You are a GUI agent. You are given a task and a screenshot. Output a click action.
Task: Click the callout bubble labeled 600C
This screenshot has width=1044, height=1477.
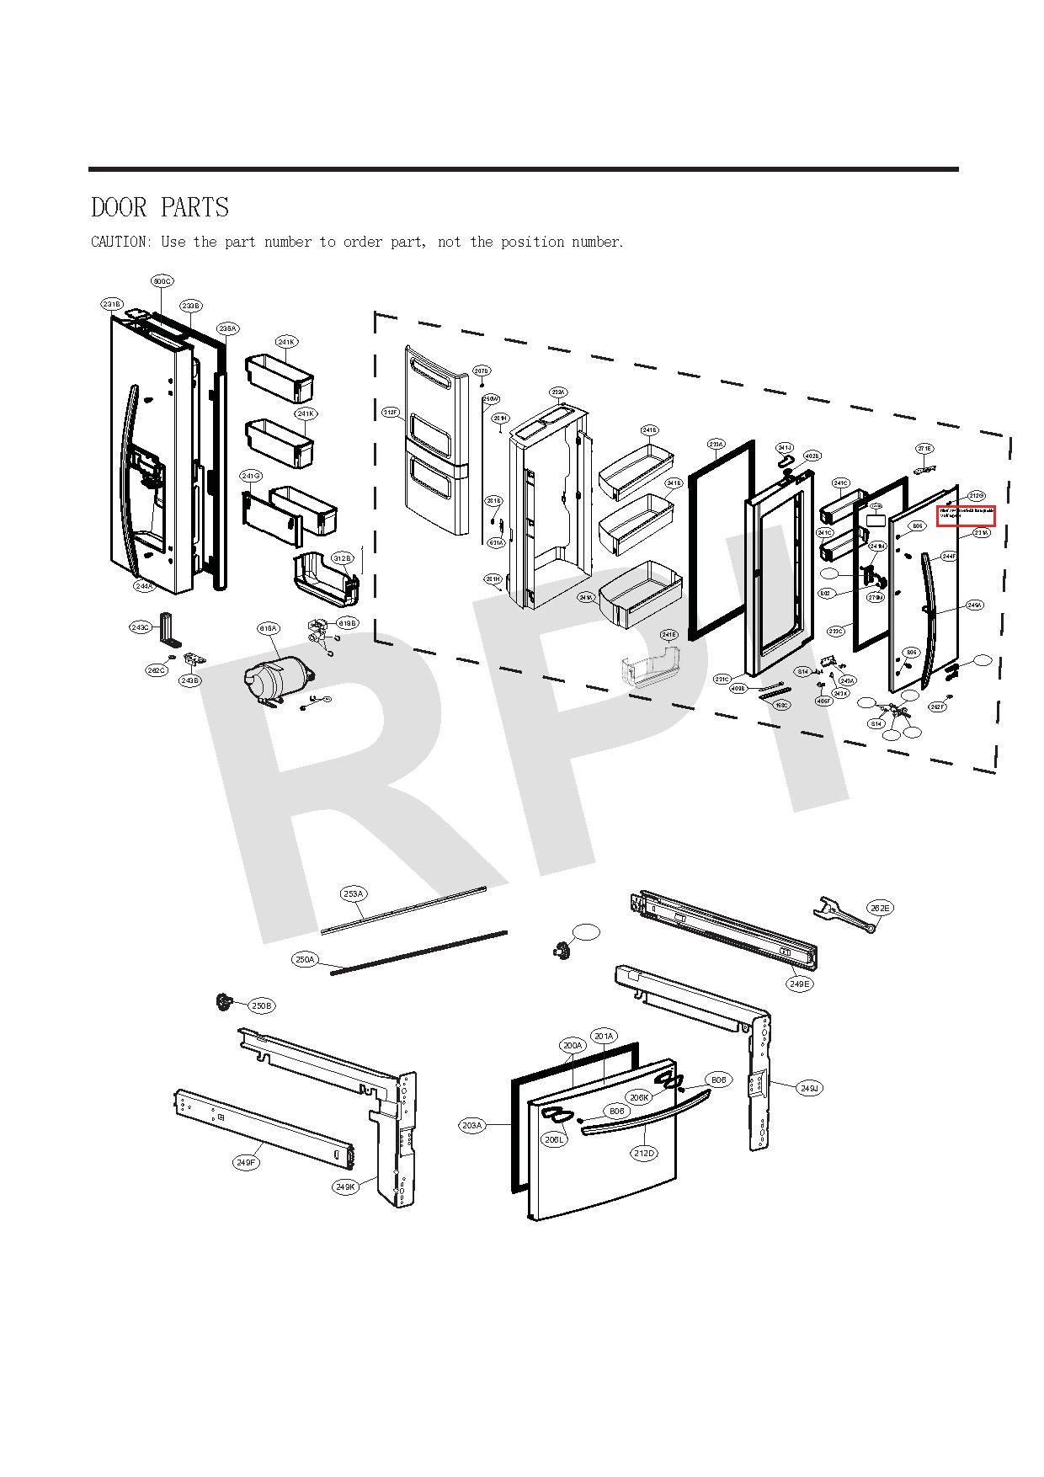pyautogui.click(x=162, y=280)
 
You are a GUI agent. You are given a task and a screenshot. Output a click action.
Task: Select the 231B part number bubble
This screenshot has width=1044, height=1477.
pyautogui.click(x=112, y=304)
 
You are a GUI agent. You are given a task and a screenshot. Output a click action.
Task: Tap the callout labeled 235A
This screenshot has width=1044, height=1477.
pyautogui.click(x=227, y=328)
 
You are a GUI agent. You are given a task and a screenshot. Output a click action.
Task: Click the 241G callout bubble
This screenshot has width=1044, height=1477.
pyautogui.click(x=251, y=477)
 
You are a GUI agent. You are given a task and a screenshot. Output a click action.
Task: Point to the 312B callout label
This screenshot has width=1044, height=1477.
pyautogui.click(x=343, y=558)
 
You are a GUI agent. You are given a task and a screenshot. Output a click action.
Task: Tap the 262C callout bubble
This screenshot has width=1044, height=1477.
pyautogui.click(x=156, y=670)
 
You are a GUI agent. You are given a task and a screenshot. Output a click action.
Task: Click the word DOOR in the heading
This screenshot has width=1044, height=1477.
pyautogui.click(x=120, y=207)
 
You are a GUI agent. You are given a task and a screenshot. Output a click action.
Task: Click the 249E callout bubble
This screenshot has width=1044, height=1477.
pyautogui.click(x=800, y=984)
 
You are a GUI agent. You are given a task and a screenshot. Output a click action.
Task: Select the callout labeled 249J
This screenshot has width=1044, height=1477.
pyautogui.click(x=809, y=1089)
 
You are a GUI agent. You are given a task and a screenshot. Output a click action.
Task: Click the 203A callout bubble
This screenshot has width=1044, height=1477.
pyautogui.click(x=472, y=1125)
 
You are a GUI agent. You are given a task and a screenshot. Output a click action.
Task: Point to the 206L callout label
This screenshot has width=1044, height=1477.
pyautogui.click(x=554, y=1139)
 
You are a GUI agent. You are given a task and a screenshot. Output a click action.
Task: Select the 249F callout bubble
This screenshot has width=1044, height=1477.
pyautogui.click(x=245, y=1163)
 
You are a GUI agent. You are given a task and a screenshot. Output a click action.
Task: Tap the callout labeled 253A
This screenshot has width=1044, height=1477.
pyautogui.click(x=354, y=893)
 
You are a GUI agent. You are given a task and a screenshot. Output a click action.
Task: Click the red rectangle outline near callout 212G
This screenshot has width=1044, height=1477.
pyautogui.click(x=967, y=515)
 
